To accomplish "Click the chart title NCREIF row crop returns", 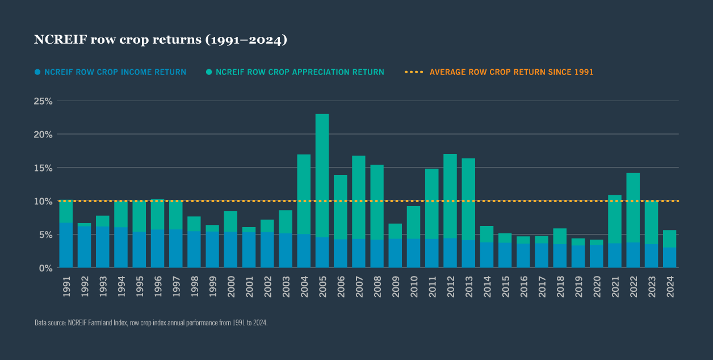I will click(161, 40).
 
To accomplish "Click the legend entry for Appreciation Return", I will click(299, 72).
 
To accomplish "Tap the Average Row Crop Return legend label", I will click(511, 72).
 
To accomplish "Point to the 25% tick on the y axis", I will click(43, 101).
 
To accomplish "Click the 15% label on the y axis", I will click(43, 168).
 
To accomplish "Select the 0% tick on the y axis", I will click(45, 267).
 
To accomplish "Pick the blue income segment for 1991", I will click(66, 245).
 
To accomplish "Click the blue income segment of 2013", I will click(468, 253).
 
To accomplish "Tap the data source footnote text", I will click(151, 323).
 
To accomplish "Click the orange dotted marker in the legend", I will click(414, 72).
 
